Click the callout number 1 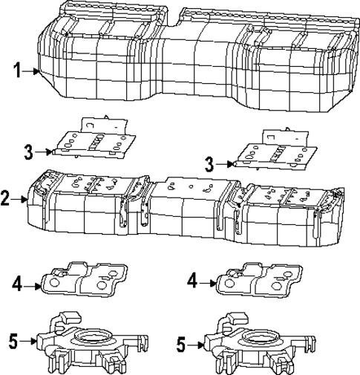(16, 71)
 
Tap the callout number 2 (6, 198)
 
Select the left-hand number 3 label (28, 151)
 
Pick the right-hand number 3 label (210, 163)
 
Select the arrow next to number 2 (21, 198)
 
